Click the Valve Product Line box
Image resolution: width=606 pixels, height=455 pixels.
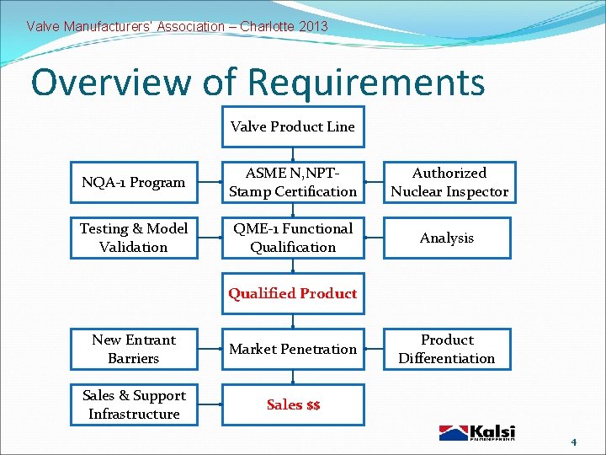click(293, 127)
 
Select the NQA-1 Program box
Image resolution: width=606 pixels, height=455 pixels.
click(134, 182)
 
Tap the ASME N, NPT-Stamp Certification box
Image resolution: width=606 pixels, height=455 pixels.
click(293, 182)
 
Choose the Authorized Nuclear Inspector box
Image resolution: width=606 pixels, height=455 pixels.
click(449, 182)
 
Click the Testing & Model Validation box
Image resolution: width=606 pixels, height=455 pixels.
click(134, 238)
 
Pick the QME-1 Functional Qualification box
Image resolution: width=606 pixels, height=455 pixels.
click(293, 238)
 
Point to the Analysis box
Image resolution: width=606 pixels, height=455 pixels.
click(448, 238)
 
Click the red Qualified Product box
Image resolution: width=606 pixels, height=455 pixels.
click(293, 293)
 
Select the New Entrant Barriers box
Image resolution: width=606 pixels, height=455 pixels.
click(134, 349)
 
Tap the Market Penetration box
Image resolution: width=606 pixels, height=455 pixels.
click(293, 349)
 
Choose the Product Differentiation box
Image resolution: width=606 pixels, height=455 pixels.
click(448, 349)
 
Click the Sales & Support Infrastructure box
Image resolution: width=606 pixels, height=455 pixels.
click(134, 404)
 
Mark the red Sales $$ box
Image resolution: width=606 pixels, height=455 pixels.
click(293, 404)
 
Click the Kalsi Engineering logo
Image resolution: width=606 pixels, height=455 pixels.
click(476, 432)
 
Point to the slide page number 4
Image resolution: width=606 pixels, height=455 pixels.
click(573, 442)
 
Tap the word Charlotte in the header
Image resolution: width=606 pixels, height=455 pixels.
click(267, 26)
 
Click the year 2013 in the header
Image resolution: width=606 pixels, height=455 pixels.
click(313, 26)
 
